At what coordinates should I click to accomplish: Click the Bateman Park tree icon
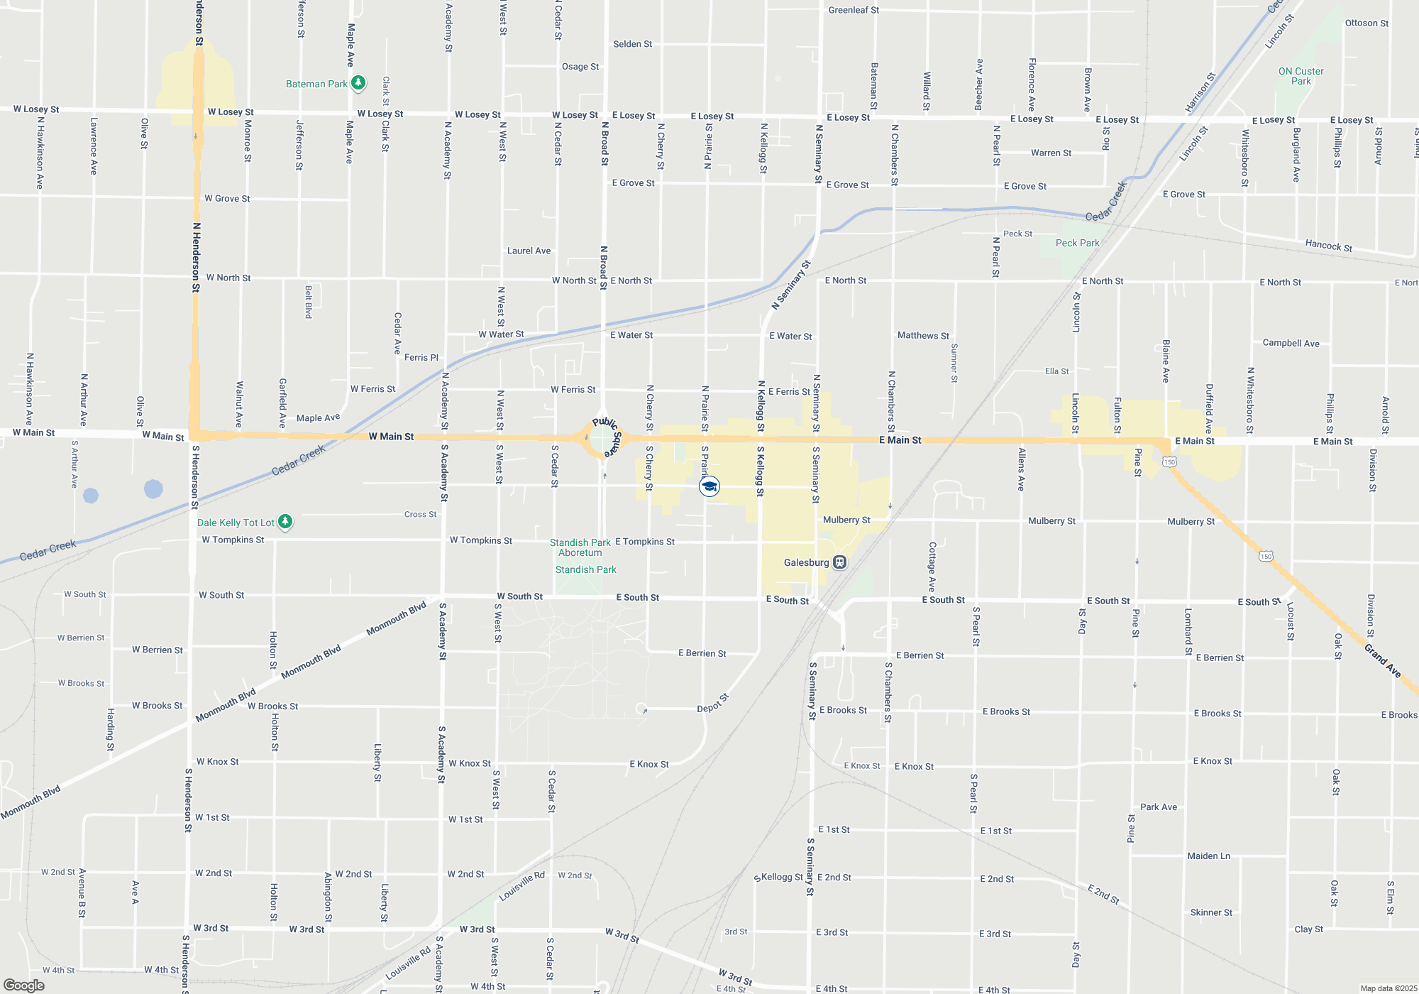(358, 83)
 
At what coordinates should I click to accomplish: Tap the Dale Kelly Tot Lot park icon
(285, 522)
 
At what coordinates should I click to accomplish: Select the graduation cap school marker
(709, 486)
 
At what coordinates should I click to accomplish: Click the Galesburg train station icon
(840, 562)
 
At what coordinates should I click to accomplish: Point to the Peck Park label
(1077, 243)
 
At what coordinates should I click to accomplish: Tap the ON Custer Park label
(1301, 76)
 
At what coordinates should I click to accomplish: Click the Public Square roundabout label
(607, 436)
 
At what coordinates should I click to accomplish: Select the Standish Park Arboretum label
(580, 547)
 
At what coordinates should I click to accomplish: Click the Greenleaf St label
(854, 10)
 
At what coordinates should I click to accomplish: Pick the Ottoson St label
(1366, 23)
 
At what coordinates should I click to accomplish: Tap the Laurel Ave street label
(529, 251)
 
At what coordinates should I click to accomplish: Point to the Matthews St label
(923, 335)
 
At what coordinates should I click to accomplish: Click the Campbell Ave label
(1291, 343)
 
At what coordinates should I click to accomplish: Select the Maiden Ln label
(1209, 856)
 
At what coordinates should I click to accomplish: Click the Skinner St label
(1211, 912)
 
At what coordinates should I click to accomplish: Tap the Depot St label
(713, 703)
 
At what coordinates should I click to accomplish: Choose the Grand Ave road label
(1382, 661)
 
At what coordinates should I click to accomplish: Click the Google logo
(24, 985)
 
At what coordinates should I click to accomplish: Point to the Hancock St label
(1328, 246)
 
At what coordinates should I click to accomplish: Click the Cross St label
(420, 514)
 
